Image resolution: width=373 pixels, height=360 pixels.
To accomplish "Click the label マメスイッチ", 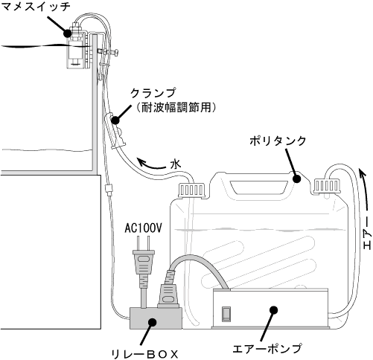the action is [36, 6].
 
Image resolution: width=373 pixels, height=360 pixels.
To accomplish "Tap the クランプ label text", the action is [154, 93].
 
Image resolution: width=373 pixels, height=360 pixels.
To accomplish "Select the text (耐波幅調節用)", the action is [176, 108].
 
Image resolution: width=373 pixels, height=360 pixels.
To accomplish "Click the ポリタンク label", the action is [278, 141].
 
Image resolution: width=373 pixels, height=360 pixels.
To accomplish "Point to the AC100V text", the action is [143, 228].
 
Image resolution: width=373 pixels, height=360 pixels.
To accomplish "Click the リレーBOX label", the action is [145, 354].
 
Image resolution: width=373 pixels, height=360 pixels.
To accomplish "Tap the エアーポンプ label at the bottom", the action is [267, 348].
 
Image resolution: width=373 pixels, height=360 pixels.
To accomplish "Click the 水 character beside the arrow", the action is [176, 164].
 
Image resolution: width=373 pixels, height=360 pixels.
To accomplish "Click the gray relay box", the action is [156, 318].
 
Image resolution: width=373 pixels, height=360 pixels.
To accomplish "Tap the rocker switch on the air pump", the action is [226, 315].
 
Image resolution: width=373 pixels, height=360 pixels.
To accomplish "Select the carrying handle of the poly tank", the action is [258, 187].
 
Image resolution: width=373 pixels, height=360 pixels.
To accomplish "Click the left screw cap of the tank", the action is [191, 190].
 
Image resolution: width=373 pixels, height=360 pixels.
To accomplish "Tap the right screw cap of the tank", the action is [326, 185].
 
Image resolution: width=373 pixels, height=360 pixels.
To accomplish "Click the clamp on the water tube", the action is [116, 131].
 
